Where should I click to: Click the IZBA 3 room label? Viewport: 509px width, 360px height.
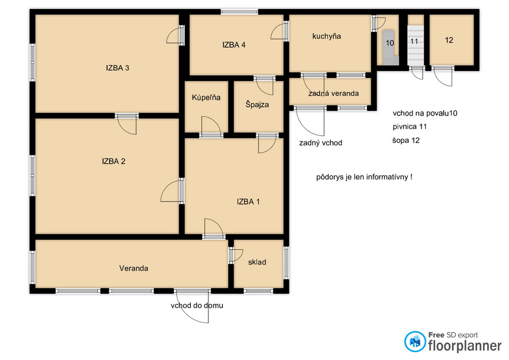[118, 68]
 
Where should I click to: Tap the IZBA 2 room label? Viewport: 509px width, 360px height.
[113, 161]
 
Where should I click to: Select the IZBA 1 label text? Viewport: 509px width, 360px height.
[248, 201]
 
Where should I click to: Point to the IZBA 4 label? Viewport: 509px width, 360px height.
[234, 45]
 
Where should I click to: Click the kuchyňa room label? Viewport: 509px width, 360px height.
[327, 36]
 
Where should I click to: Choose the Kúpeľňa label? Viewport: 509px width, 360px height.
[206, 98]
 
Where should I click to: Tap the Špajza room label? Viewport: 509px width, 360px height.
[257, 104]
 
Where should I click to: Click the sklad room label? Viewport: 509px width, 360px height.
[257, 262]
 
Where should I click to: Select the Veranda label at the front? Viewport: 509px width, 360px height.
[134, 268]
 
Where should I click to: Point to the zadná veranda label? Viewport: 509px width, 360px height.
[334, 93]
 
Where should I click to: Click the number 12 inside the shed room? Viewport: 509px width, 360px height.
[449, 40]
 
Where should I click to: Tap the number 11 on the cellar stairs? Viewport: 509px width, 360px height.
[414, 41]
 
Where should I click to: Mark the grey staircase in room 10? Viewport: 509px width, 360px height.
[390, 47]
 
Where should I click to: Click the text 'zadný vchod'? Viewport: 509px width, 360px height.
[321, 143]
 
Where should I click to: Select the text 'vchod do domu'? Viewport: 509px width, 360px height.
[197, 305]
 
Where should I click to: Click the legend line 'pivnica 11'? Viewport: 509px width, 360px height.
[410, 127]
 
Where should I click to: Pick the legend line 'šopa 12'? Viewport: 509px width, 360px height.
[406, 141]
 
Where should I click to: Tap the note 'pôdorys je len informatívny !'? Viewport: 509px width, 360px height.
[364, 177]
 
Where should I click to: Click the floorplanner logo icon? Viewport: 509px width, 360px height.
[415, 341]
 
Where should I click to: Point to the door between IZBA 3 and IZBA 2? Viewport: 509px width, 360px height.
[127, 123]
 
